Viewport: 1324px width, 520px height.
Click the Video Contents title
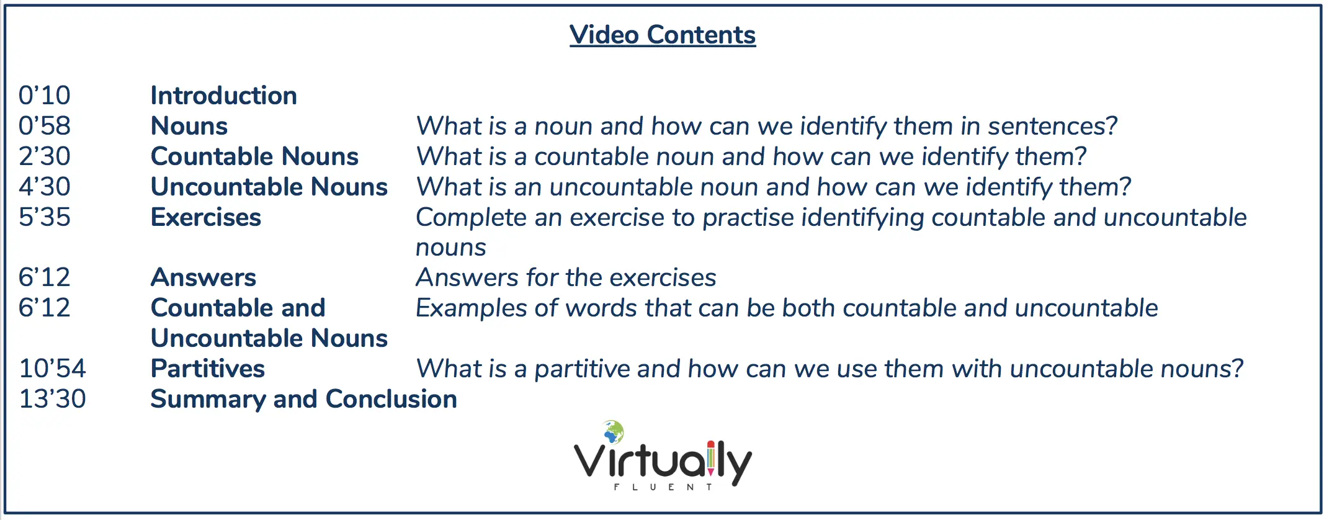tap(663, 35)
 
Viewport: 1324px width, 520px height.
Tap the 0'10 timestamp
tap(45, 96)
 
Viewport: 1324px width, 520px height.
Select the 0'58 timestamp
tap(45, 126)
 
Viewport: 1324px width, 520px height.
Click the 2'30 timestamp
tap(45, 156)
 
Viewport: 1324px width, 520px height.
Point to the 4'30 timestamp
tap(45, 187)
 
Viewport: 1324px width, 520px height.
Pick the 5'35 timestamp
tap(45, 217)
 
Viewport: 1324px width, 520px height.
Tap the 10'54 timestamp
tap(53, 369)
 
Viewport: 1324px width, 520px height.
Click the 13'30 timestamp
tap(53, 399)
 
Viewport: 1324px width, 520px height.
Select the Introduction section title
tap(224, 96)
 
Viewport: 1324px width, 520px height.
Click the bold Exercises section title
tap(206, 217)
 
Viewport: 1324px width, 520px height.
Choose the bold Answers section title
tap(204, 277)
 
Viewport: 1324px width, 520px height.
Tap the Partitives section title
tap(208, 369)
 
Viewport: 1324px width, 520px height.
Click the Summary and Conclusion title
tap(304, 399)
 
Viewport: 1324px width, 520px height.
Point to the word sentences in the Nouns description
tap(1052, 126)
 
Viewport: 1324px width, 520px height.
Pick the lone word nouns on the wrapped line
tap(451, 248)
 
